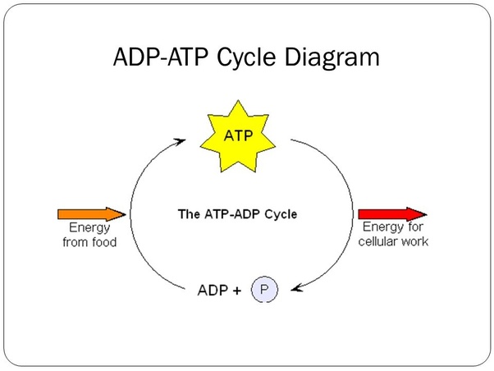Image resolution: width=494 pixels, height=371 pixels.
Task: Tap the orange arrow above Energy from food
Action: (x=91, y=214)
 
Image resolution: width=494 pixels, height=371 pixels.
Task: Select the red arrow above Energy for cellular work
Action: (x=391, y=214)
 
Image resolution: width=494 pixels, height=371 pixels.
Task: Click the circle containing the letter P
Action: (x=264, y=290)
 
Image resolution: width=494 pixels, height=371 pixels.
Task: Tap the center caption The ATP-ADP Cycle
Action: (x=237, y=214)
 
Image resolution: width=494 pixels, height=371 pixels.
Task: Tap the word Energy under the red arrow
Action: (x=382, y=229)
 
